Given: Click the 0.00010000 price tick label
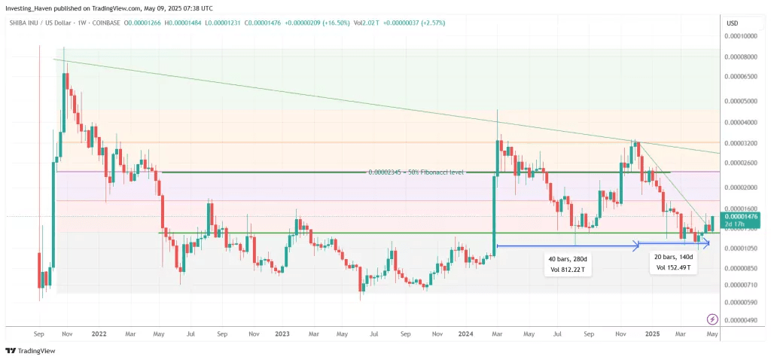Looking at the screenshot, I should pyautogui.click(x=742, y=35).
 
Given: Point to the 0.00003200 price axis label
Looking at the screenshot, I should pyautogui.click(x=742, y=143).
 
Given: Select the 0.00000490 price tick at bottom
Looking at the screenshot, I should pyautogui.click(x=742, y=319).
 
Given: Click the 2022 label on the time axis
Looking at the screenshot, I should pyautogui.click(x=98, y=332).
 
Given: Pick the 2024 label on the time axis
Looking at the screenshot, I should pyautogui.click(x=465, y=332).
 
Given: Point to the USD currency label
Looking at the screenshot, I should pyautogui.click(x=731, y=23).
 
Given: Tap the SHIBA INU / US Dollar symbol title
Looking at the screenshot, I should pyautogui.click(x=38, y=23).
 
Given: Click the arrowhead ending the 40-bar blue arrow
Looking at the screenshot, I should pyautogui.click(x=637, y=245).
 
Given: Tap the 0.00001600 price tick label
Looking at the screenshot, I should pyautogui.click(x=742, y=208).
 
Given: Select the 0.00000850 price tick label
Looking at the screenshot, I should pyautogui.click(x=742, y=267).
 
